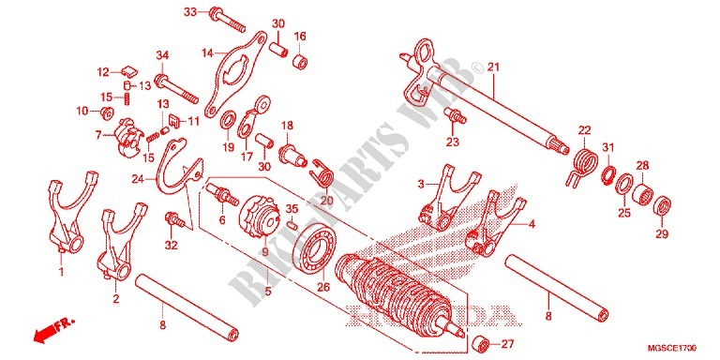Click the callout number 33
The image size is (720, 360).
pos(189,12)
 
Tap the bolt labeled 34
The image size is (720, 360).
pos(177,89)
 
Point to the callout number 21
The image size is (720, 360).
pos(493,67)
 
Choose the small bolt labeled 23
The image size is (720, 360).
pos(455,115)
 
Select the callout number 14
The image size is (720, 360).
pos(207,52)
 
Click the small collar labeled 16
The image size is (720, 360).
pos(300,61)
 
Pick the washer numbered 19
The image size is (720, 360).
pos(226,120)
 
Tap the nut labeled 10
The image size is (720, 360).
pos(108,112)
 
